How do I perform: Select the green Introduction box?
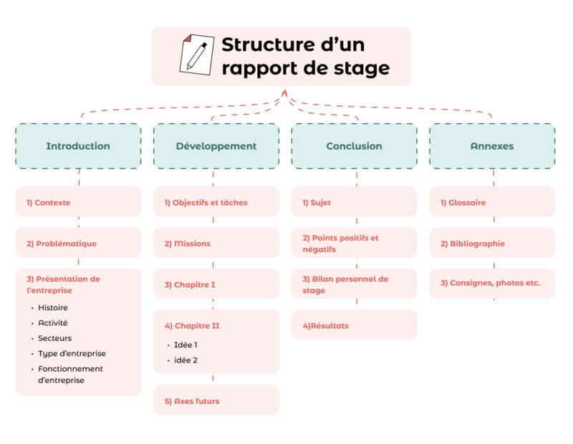78,146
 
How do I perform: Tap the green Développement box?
216,146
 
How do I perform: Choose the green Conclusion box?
354,146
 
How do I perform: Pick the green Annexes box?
492,146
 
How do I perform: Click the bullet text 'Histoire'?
53,308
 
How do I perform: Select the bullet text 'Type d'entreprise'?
72,354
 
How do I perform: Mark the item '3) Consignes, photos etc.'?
492,284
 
